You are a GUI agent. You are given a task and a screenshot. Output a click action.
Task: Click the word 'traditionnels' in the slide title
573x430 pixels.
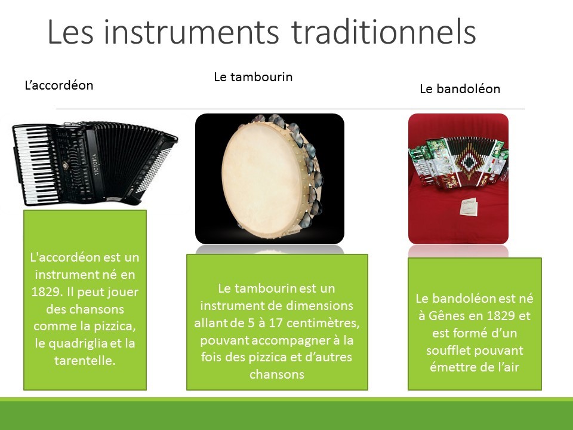point(384,32)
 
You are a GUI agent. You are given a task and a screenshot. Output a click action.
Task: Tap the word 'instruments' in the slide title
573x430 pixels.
point(191,32)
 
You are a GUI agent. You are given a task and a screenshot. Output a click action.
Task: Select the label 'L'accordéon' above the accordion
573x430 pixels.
point(59,85)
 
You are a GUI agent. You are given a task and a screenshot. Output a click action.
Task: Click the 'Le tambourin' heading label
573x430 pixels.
point(253,77)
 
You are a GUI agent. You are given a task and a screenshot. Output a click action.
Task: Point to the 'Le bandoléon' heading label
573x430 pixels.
point(460,89)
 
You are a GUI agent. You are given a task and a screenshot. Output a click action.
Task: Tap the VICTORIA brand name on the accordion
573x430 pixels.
point(95,164)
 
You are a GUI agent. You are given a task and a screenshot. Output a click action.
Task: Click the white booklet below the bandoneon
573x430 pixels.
point(469,206)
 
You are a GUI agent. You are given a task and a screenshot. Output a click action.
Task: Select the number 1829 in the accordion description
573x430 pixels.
point(45,292)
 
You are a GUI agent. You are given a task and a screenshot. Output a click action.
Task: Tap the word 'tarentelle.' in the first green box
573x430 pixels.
point(85,361)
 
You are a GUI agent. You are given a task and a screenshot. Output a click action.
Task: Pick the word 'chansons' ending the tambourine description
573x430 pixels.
point(277,374)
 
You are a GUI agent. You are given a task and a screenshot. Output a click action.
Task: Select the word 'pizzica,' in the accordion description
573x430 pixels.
point(115,326)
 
